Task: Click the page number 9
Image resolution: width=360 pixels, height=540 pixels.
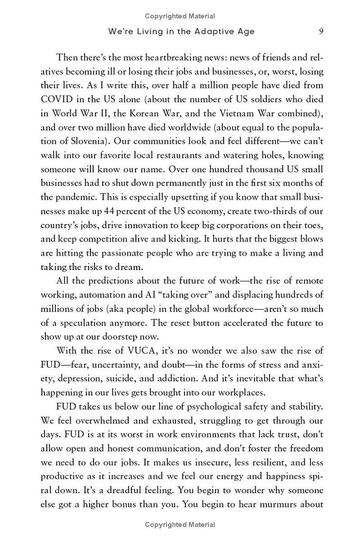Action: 321,31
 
